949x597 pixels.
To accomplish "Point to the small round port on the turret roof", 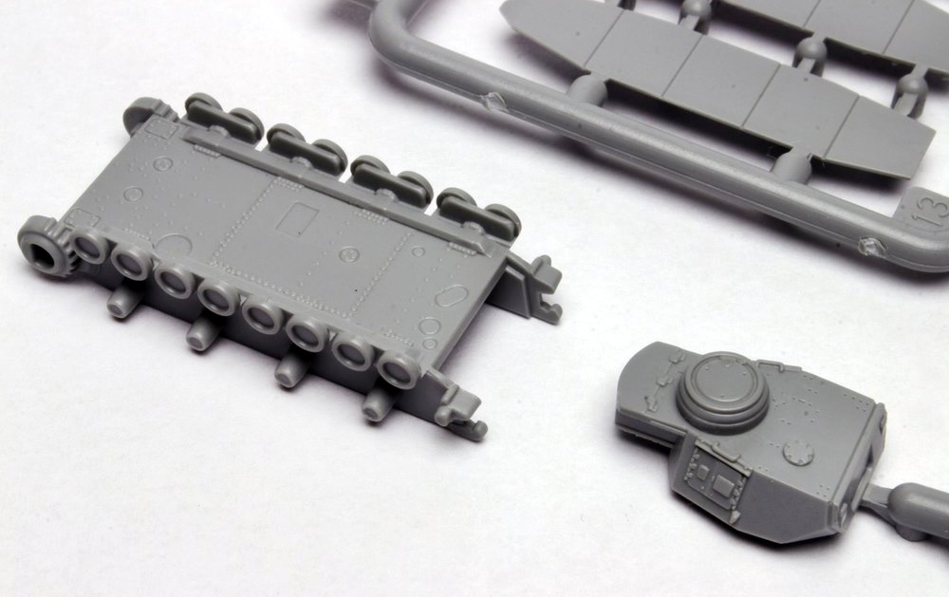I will pos(799,453).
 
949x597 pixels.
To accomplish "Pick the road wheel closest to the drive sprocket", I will pos(89,248).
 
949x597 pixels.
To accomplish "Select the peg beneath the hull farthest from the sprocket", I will pos(377,405).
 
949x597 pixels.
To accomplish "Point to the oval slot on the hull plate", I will pos(444,296).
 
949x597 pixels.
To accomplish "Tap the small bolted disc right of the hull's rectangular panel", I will pos(348,254).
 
